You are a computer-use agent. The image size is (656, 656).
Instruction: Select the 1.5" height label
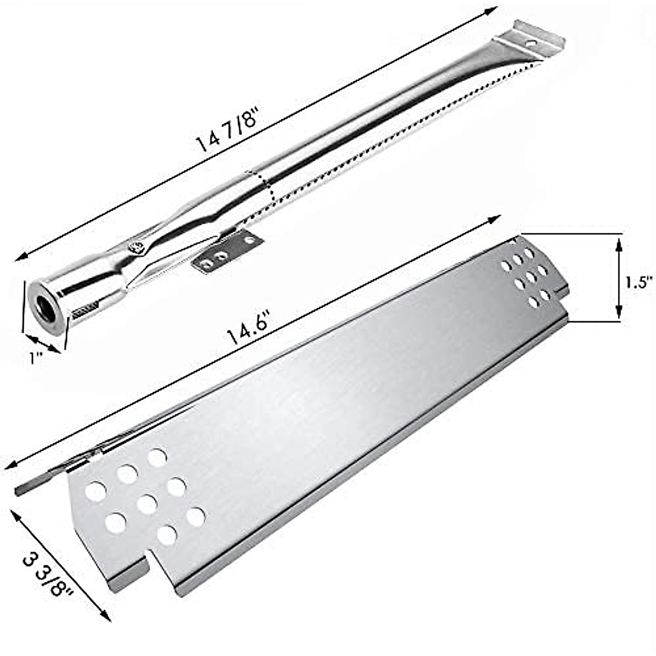coord(639,282)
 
